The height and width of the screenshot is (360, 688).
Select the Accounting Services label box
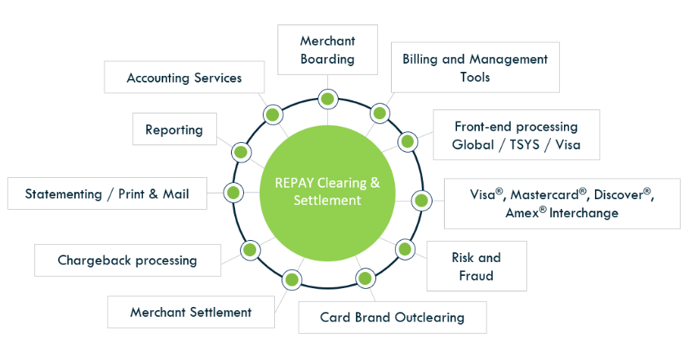[184, 78]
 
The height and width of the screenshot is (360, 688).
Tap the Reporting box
[174, 129]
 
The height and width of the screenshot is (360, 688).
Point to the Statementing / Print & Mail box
[106, 193]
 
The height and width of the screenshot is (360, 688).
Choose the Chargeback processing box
[127, 260]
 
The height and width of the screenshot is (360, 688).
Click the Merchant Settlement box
[190, 312]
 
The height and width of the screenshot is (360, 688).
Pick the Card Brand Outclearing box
[392, 317]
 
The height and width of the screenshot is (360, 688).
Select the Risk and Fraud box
[477, 266]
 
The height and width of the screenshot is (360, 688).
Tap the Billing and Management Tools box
[475, 68]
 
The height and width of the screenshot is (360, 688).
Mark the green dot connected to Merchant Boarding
[327, 100]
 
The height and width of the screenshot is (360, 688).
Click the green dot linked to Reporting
[241, 152]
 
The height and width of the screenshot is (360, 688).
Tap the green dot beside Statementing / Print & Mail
[233, 193]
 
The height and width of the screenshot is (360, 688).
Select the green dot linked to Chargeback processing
[249, 249]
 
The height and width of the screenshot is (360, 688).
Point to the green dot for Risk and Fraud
[405, 249]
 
